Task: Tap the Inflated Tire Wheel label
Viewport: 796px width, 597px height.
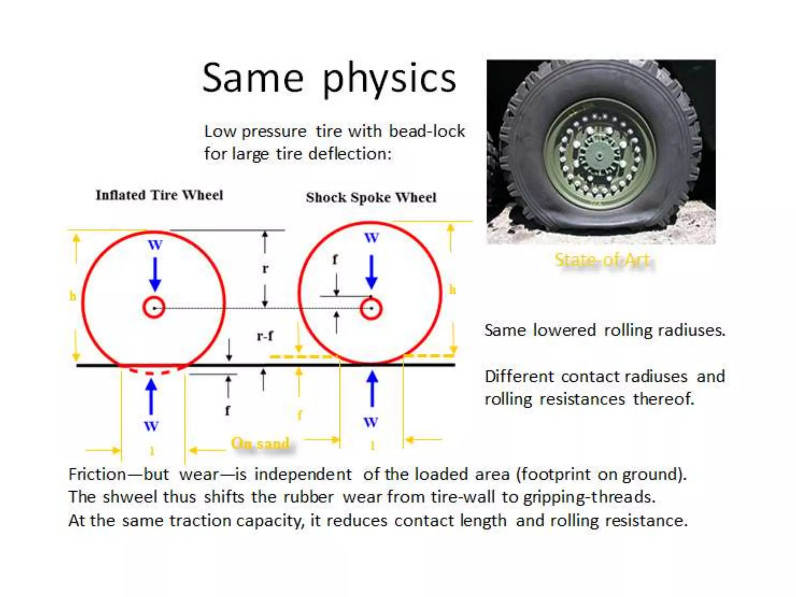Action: [159, 195]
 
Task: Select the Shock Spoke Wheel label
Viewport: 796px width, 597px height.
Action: [371, 197]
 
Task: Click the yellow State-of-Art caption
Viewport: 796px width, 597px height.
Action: [602, 260]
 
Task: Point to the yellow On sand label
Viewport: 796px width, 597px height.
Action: [260, 443]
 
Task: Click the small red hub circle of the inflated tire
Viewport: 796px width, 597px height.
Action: [154, 308]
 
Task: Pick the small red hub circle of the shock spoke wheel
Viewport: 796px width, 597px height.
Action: [371, 309]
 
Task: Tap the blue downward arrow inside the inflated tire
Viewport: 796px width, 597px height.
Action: [155, 274]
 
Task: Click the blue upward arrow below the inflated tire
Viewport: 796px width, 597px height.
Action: [151, 396]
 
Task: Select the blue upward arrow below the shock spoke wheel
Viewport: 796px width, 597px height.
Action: [372, 389]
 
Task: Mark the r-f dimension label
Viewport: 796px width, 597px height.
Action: [265, 335]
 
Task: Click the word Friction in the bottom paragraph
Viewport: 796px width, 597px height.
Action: [97, 475]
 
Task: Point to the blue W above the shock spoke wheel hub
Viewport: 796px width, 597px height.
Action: [371, 237]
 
